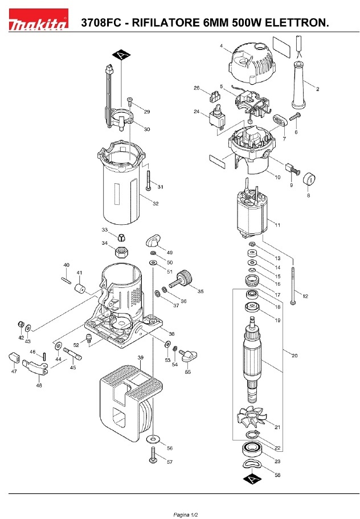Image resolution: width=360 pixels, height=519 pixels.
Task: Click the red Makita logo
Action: pyautogui.click(x=38, y=19)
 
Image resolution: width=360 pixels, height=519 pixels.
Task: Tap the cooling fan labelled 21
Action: pyautogui.click(x=253, y=417)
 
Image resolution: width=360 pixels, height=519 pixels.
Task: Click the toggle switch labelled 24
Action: pyautogui.click(x=218, y=117)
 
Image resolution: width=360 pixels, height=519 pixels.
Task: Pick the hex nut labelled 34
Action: pyautogui.click(x=121, y=253)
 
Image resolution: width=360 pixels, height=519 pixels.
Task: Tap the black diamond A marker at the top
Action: pyautogui.click(x=121, y=55)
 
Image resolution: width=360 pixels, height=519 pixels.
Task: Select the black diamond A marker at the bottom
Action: pyautogui.click(x=252, y=479)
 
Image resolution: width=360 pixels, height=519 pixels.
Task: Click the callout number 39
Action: pyautogui.click(x=141, y=357)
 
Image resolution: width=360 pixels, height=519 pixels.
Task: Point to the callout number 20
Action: pyautogui.click(x=294, y=356)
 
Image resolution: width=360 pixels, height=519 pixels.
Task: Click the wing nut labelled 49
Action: pyautogui.click(x=153, y=240)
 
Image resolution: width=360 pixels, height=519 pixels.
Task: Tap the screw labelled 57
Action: pyautogui.click(x=153, y=455)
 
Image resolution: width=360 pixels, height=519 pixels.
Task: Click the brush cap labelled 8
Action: pyautogui.click(x=310, y=179)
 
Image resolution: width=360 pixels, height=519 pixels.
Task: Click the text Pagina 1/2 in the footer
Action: pyautogui.click(x=186, y=514)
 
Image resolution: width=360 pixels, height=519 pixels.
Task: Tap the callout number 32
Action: pyautogui.click(x=156, y=204)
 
